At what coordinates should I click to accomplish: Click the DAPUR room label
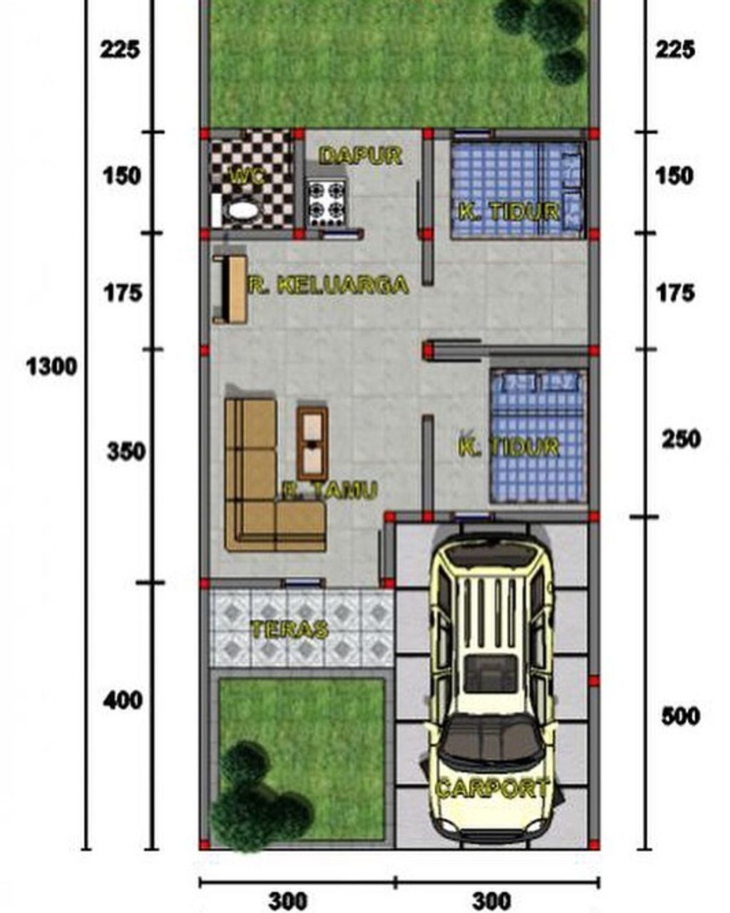(x=360, y=155)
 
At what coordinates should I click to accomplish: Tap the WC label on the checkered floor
(x=246, y=175)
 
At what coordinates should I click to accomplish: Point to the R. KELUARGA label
(x=329, y=284)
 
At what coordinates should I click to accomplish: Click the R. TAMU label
(x=330, y=490)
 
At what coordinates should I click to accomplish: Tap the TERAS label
(x=289, y=629)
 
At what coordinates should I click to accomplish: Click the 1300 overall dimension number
(x=52, y=366)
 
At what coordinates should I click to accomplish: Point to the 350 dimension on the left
(x=126, y=451)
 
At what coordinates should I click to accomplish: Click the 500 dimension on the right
(x=680, y=716)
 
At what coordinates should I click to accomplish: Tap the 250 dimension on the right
(x=681, y=439)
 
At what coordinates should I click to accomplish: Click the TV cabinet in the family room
(x=230, y=289)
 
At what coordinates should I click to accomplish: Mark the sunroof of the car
(x=491, y=678)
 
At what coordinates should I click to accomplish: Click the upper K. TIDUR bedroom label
(x=508, y=211)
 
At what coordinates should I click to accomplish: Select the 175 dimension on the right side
(x=676, y=293)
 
